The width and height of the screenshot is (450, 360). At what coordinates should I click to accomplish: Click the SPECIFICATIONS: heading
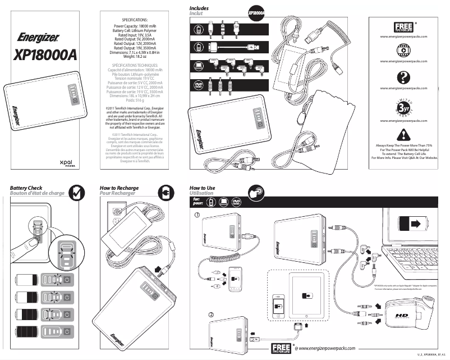130,20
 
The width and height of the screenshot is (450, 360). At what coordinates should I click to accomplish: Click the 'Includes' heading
199,8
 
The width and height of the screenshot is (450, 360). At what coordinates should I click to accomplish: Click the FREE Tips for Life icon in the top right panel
403,27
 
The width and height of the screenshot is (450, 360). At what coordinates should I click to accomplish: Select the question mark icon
403,78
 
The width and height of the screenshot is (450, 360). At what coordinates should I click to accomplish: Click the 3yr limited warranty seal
403,107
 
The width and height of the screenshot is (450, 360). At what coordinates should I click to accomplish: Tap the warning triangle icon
403,134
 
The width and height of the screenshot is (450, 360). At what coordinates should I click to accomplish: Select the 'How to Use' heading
203,188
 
